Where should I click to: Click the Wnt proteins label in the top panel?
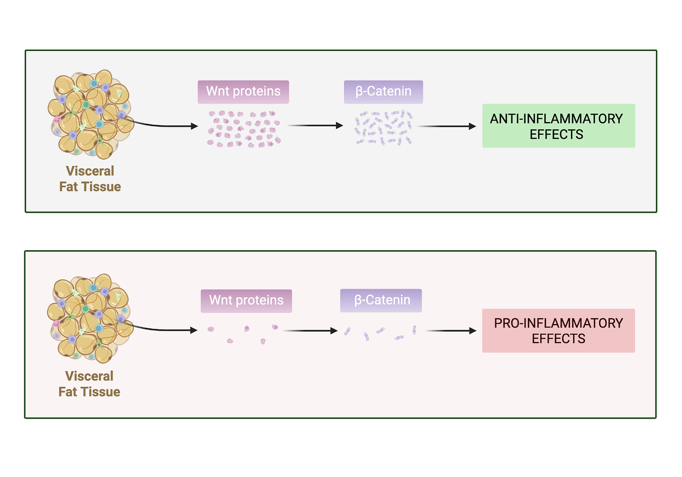point(244,92)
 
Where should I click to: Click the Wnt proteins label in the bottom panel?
point(246,301)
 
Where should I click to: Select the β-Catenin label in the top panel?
point(383,92)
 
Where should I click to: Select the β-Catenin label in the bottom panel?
point(381,300)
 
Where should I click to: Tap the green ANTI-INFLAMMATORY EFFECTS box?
point(558,126)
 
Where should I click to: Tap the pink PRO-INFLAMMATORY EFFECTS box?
point(558,330)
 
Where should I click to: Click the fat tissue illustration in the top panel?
point(89,114)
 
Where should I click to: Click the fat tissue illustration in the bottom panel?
point(89,318)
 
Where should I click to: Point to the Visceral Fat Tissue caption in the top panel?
point(90,179)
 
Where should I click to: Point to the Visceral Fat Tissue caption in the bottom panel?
point(89,384)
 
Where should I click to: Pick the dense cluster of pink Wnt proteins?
point(244,129)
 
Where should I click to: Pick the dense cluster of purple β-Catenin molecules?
point(384,127)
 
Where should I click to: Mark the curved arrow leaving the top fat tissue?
point(164,125)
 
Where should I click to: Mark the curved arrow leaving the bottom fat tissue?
point(164,329)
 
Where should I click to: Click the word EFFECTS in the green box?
point(556,135)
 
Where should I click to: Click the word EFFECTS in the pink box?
point(558,339)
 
